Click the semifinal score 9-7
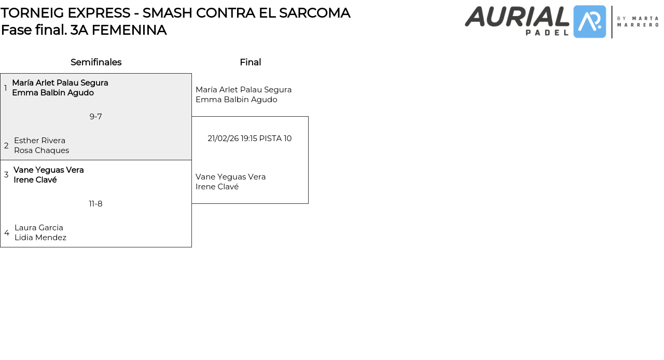(x=95, y=117)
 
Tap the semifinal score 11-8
(x=95, y=204)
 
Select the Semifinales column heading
(x=96, y=62)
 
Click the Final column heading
(x=250, y=62)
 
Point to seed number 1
(x=6, y=88)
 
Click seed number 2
(x=6, y=146)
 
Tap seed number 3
(x=6, y=175)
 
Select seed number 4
(x=7, y=233)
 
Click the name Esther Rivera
(x=39, y=141)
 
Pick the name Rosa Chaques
(x=41, y=150)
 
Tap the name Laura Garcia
(x=39, y=228)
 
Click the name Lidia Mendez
(x=40, y=238)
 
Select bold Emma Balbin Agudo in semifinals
(x=53, y=93)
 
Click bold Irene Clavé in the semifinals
(x=35, y=180)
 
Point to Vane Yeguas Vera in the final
(x=230, y=177)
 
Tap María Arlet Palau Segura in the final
(x=243, y=90)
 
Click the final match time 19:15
(x=249, y=139)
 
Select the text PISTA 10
(x=275, y=139)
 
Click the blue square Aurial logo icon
(x=590, y=22)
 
